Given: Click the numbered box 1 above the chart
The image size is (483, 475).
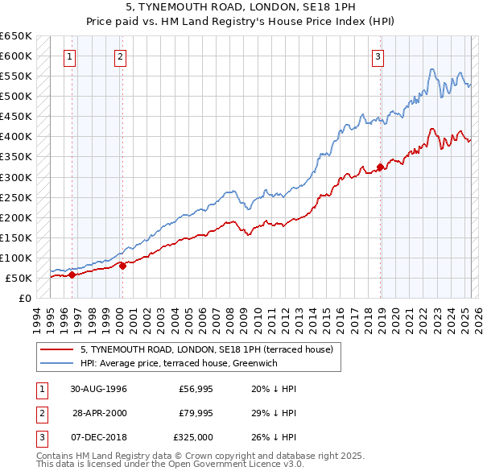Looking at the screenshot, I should [x=71, y=56].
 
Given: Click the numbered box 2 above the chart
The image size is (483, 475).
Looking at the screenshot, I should [x=120, y=56].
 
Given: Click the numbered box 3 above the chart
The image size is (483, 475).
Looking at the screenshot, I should [x=378, y=56].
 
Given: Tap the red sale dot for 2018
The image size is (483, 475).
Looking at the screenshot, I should [x=380, y=167].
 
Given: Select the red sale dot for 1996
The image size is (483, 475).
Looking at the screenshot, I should [x=72, y=275].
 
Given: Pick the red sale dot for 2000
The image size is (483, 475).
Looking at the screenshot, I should [x=122, y=266].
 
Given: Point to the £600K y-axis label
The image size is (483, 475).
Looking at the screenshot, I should [x=16, y=56].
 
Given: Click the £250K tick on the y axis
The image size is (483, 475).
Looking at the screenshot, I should [x=16, y=197].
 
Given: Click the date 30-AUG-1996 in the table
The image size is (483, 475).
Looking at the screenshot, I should [x=98, y=388].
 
